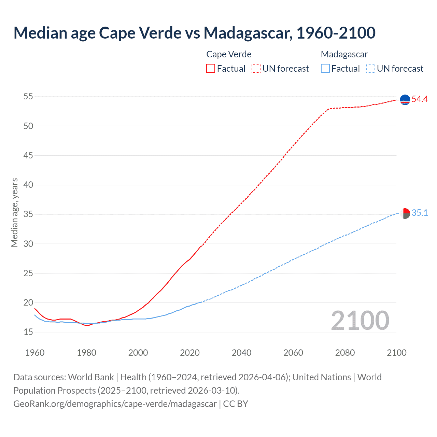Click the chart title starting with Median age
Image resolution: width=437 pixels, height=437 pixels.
pyautogui.click(x=194, y=33)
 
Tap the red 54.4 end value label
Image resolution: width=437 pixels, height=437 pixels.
pyautogui.click(x=420, y=99)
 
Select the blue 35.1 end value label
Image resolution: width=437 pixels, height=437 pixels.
pyautogui.click(x=420, y=213)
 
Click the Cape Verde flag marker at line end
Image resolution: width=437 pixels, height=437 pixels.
pyautogui.click(x=405, y=100)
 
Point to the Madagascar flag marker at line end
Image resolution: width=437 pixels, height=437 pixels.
pyautogui.click(x=405, y=213)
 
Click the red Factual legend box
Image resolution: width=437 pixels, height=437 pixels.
pyautogui.click(x=211, y=68)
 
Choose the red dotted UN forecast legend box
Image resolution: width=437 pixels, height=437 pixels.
pyautogui.click(x=256, y=68)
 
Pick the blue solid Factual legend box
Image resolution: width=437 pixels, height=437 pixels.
pyautogui.click(x=325, y=68)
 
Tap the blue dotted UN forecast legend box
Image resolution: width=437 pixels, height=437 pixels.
pyautogui.click(x=371, y=68)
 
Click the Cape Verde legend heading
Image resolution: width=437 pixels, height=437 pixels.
pyautogui.click(x=229, y=54)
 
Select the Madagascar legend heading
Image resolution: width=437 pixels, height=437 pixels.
pyautogui.click(x=344, y=54)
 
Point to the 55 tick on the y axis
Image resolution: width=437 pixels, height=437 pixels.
pyautogui.click(x=28, y=97)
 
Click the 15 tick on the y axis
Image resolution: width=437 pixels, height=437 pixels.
pyautogui.click(x=28, y=332)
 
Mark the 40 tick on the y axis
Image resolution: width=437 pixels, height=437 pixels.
pyautogui.click(x=28, y=185)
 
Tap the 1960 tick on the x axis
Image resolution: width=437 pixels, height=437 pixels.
pyautogui.click(x=35, y=352)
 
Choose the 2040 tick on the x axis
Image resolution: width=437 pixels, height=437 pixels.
pyautogui.click(x=241, y=352)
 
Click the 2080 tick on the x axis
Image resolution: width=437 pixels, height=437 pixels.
pyautogui.click(x=345, y=352)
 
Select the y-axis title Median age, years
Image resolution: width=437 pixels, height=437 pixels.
pyautogui.click(x=14, y=212)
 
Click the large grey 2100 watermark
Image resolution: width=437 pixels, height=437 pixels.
pyautogui.click(x=360, y=320)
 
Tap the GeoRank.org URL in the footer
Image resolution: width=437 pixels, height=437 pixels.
pyautogui.click(x=115, y=404)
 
